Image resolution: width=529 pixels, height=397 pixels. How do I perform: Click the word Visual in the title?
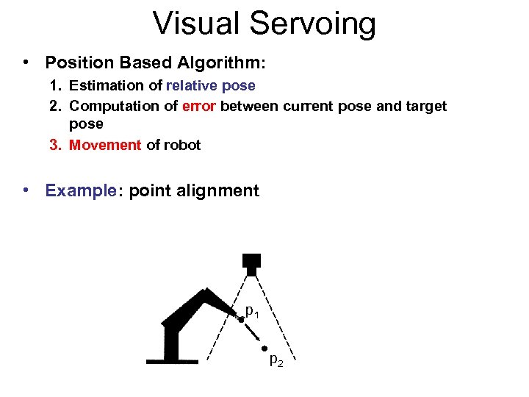click(193, 24)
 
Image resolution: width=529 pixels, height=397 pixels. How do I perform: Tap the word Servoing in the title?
click(312, 25)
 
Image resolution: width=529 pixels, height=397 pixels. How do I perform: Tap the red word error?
click(198, 107)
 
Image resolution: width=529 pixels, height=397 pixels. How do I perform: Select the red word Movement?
click(104, 145)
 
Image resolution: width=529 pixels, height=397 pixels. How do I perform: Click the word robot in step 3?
click(182, 145)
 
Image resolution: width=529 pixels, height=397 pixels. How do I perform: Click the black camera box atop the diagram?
click(251, 262)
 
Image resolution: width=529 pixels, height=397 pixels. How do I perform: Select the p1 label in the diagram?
click(252, 312)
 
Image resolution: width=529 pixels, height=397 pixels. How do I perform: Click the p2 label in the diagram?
click(276, 360)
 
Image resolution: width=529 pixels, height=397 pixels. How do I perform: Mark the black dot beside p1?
click(240, 319)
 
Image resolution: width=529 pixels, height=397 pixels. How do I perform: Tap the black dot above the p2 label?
click(264, 347)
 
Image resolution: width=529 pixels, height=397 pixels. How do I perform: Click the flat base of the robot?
click(172, 361)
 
